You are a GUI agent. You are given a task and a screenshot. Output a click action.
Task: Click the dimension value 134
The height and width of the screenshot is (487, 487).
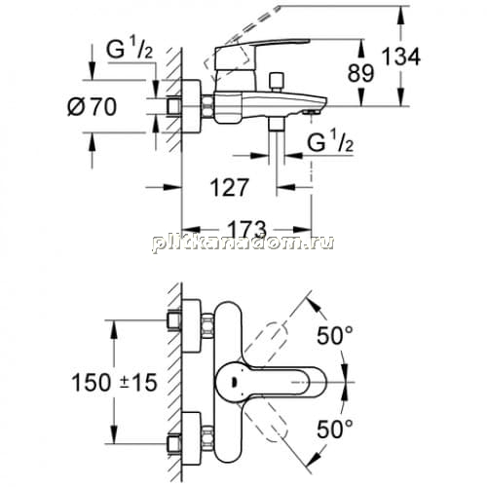pyautogui.click(x=401, y=56)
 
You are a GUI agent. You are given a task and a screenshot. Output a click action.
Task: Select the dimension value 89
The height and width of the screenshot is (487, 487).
pyautogui.click(x=361, y=73)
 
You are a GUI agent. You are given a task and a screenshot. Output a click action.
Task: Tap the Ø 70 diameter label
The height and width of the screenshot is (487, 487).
pyautogui.click(x=92, y=107)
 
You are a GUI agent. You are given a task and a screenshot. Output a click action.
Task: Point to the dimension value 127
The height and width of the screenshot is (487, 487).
pyautogui.click(x=230, y=187)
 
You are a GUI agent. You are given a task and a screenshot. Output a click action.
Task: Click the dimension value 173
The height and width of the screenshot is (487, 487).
pyautogui.click(x=246, y=230)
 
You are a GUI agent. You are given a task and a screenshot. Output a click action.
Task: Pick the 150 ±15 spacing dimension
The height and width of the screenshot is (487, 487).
pyautogui.click(x=114, y=382)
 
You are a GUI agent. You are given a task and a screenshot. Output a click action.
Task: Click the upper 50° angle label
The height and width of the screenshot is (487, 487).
pyautogui.click(x=335, y=335)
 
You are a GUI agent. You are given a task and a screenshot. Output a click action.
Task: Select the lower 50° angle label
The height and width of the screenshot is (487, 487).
pyautogui.click(x=335, y=429)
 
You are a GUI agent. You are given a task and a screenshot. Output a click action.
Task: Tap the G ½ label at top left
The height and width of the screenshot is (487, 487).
pyautogui.click(x=130, y=50)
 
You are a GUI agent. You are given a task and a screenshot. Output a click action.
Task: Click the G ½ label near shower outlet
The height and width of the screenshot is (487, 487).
pyautogui.click(x=330, y=142)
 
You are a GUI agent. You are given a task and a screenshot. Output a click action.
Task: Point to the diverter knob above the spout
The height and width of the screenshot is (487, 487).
pyautogui.click(x=277, y=82)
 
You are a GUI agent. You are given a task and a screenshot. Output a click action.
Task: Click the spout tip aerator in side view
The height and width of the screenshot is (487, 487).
pyautogui.click(x=311, y=112)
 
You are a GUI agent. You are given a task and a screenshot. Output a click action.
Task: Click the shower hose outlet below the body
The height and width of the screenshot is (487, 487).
pyautogui.click(x=277, y=124)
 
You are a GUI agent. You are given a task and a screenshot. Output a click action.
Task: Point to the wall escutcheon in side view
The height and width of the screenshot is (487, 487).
pyautogui.click(x=191, y=106)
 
